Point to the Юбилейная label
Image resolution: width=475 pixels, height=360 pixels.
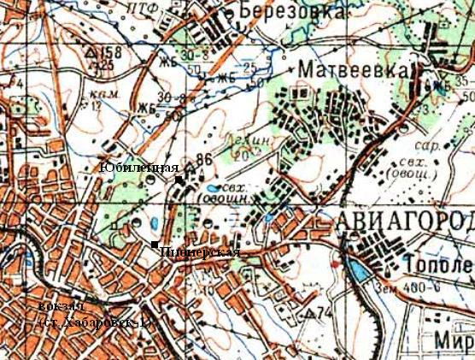[x=138, y=167]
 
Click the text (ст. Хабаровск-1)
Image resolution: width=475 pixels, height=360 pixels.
[x=96, y=322]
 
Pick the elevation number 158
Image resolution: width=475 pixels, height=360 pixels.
[x=111, y=52]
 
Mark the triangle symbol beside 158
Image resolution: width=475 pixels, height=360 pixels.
[x=91, y=52]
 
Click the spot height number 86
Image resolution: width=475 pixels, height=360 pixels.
[x=202, y=159]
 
